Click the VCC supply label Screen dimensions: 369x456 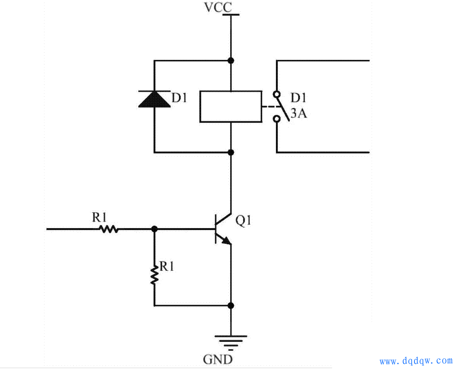(x=218, y=8)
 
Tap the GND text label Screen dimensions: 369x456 (x=218, y=359)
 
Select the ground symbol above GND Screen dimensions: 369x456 (x=231, y=340)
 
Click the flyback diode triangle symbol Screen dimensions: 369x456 (x=155, y=98)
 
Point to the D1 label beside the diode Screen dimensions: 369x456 (x=179, y=98)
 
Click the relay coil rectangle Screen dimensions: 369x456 (x=230, y=106)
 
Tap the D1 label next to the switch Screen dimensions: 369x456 (x=299, y=98)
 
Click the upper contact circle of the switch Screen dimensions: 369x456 (x=277, y=94)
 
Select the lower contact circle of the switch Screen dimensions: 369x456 (x=277, y=119)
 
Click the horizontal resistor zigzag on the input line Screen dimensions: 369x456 (x=108, y=229)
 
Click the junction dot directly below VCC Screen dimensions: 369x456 (x=231, y=60)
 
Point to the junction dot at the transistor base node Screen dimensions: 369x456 (x=154, y=229)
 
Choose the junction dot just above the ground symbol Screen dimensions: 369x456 (x=231, y=306)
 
